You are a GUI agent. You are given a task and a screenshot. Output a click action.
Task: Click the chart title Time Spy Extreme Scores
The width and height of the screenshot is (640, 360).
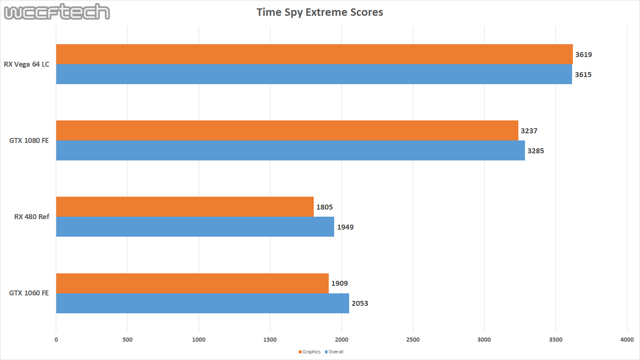click(320, 12)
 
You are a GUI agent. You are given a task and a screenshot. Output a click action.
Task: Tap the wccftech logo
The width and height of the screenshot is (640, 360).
click(57, 12)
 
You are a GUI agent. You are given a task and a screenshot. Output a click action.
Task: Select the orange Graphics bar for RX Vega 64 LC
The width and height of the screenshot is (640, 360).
click(314, 54)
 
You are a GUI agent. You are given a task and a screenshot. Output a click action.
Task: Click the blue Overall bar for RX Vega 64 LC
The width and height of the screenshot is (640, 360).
click(314, 74)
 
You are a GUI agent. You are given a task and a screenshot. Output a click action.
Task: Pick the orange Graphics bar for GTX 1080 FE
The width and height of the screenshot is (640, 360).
click(287, 130)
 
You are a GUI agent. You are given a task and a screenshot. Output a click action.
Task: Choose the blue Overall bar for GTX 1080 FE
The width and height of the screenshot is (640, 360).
click(290, 150)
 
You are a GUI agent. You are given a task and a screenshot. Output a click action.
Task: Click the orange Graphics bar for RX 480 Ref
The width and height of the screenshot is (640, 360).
click(185, 207)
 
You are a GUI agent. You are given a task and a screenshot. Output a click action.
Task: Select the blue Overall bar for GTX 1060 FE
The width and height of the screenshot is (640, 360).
click(202, 303)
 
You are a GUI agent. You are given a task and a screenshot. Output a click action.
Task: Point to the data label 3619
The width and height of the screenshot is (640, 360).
click(583, 55)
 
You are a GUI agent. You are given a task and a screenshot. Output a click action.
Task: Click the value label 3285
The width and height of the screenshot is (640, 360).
click(535, 151)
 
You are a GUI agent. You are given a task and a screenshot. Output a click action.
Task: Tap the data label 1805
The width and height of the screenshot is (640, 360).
click(324, 207)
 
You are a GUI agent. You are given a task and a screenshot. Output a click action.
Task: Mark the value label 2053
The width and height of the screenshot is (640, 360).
click(360, 303)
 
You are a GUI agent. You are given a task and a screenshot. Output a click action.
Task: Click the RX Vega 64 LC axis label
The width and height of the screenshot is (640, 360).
click(27, 64)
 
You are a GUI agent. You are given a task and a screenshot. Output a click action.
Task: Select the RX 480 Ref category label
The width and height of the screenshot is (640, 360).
click(32, 217)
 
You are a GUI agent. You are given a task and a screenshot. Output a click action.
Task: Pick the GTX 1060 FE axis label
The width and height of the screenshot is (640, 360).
click(29, 293)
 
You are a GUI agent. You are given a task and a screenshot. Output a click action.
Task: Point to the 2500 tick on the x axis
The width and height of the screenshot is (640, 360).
click(412, 340)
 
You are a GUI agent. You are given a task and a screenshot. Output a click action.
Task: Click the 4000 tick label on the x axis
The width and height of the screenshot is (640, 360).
click(627, 340)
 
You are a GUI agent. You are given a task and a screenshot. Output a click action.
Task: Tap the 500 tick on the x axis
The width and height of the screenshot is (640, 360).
click(127, 340)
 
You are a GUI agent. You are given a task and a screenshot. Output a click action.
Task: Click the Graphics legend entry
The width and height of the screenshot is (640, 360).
click(310, 352)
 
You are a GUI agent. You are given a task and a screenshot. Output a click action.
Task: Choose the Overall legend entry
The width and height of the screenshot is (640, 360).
click(334, 352)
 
